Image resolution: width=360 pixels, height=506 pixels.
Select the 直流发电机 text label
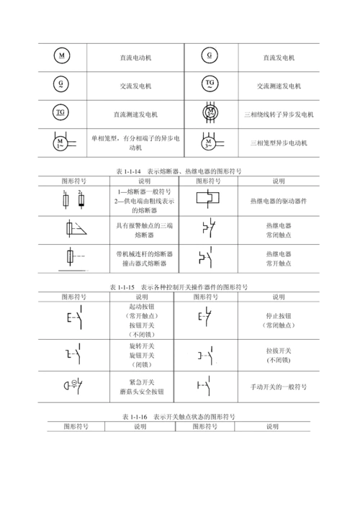point(278,57)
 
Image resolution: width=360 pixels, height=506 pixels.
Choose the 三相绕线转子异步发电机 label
point(279,114)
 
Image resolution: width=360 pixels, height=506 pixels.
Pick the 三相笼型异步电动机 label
point(279,143)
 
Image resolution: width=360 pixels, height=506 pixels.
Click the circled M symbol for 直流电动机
point(62,56)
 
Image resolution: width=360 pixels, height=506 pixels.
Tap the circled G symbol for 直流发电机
point(209,56)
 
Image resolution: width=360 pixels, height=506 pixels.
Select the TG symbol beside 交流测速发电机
point(210,84)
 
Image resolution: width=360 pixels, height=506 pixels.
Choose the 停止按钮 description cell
point(278,320)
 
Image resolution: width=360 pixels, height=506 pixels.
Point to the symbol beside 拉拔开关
point(207,355)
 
